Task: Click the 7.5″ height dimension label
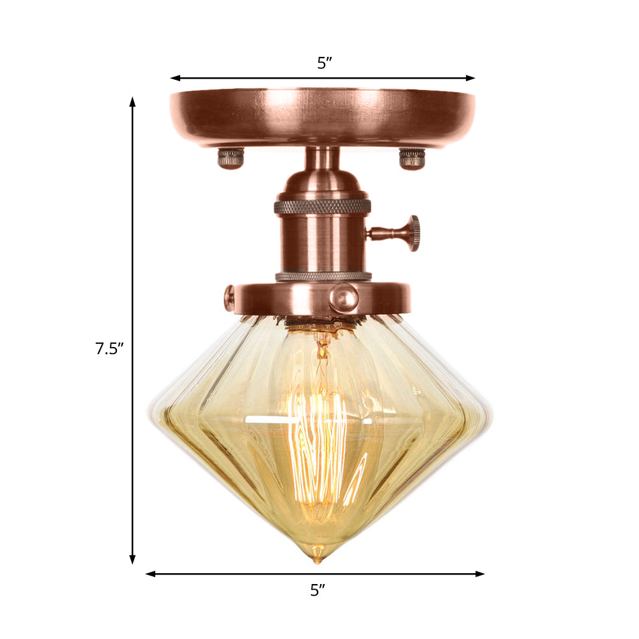point(109,349)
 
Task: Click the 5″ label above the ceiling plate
point(325,63)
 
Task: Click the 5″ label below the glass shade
point(318,590)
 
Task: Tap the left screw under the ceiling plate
point(231,157)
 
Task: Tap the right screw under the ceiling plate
point(412,158)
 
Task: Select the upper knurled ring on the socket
point(322,206)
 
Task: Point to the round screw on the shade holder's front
point(343,297)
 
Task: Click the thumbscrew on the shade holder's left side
point(229,298)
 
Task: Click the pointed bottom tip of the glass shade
point(316,559)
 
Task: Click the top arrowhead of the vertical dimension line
point(133,102)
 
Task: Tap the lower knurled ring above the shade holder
point(323,277)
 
